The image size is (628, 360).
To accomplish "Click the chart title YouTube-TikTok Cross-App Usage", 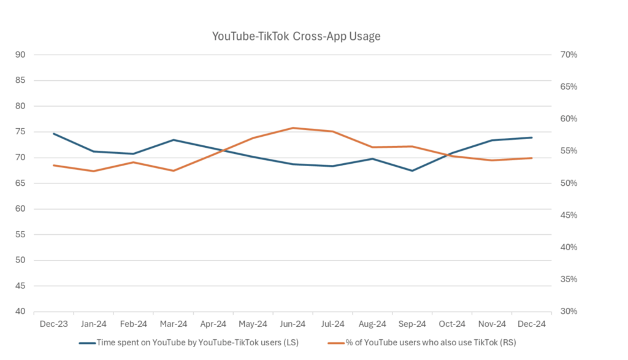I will tap(296, 36).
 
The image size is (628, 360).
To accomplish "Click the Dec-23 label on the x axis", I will tap(54, 324).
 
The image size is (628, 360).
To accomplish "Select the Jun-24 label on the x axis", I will tap(293, 324).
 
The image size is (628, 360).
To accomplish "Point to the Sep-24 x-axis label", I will tap(412, 324).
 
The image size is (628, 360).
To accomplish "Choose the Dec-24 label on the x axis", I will tap(532, 324).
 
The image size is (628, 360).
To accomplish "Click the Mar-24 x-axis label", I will tap(174, 324).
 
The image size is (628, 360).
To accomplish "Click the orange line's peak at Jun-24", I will tap(293, 128).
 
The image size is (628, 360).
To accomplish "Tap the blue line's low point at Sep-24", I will tap(412, 170).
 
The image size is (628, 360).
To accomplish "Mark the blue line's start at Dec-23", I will tap(54, 134).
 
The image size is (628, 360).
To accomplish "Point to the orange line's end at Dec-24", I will tap(532, 158).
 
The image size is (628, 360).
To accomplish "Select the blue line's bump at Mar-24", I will tap(174, 140).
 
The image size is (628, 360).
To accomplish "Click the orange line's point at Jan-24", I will tap(93, 171).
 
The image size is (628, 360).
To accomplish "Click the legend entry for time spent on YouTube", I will tap(196, 342).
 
